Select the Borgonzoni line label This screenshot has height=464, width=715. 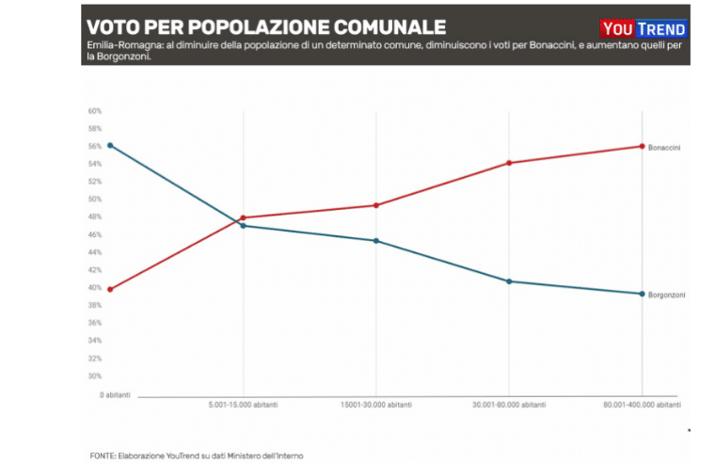tap(666, 296)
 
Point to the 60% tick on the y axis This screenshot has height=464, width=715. tap(95, 111)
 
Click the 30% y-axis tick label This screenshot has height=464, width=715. tap(95, 376)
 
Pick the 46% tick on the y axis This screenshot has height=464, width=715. tap(95, 234)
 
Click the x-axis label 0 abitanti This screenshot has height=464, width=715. tap(115, 394)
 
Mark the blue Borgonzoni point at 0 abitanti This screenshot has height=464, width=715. tap(111, 145)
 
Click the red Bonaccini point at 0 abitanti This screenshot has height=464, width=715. tap(111, 289)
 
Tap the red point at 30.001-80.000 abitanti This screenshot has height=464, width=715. tap(509, 163)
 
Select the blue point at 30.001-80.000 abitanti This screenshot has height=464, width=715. tap(509, 281)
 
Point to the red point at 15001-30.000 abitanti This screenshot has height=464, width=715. tap(376, 205)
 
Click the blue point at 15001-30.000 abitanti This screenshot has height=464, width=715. tap(376, 241)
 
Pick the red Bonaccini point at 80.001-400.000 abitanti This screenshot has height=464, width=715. tap(642, 146)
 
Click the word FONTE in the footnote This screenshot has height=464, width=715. tap(103, 456)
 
